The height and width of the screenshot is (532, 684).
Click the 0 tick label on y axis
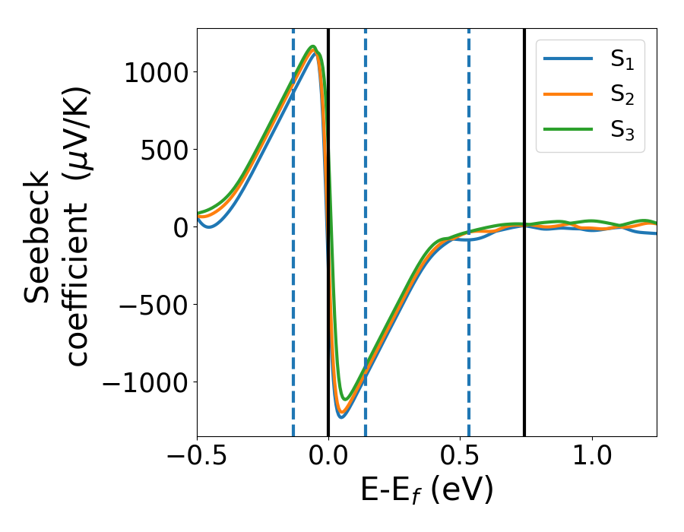pyautogui.click(x=180, y=227)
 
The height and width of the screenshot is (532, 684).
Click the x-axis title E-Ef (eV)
pyautogui.click(x=426, y=490)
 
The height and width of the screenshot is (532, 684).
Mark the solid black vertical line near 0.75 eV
pyautogui.click(x=524, y=152)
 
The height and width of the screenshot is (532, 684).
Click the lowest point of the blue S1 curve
pyautogui.click(x=341, y=416)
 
